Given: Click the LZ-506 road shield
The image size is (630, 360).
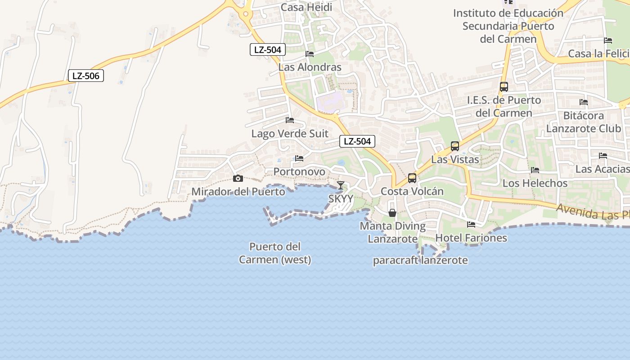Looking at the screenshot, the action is (86, 76).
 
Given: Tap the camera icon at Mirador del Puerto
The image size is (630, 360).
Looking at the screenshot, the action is (238, 179).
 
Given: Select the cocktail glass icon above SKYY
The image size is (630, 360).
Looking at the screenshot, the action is (341, 185).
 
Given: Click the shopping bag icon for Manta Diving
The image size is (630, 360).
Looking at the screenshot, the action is (392, 212).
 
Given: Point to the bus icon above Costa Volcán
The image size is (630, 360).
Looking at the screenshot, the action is (412, 178).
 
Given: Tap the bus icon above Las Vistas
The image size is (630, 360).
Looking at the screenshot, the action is (455, 146).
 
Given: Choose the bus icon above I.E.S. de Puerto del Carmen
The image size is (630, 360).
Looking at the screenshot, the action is (504, 87).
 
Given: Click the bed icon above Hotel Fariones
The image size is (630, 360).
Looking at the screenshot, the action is (471, 224).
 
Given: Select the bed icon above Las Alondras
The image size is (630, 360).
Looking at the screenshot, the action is (310, 54).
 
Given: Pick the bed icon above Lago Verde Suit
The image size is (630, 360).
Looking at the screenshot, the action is (290, 120).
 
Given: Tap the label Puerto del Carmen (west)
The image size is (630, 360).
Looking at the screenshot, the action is (275, 253).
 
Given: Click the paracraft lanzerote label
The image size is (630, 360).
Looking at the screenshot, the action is (420, 260).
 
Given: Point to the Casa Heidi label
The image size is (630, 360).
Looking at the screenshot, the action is (306, 7).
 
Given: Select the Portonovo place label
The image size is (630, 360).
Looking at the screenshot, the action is (299, 171).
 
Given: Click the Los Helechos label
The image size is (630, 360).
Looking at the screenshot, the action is (535, 183).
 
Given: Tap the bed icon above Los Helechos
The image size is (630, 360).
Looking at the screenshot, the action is (535, 170).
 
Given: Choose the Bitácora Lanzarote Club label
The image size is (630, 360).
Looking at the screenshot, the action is (584, 122).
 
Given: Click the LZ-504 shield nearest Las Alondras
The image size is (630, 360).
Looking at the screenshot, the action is (268, 49).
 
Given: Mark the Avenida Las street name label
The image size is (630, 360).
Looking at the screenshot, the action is (592, 211).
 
